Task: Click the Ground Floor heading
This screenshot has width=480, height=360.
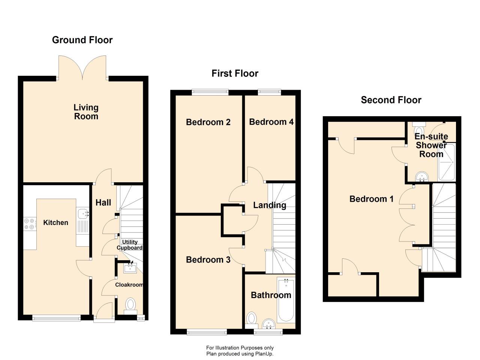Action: (x=82, y=40)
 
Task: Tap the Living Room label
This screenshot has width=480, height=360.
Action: (x=86, y=112)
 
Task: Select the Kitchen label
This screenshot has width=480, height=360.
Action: (x=56, y=222)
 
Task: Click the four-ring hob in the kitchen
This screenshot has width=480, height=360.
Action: (x=30, y=224)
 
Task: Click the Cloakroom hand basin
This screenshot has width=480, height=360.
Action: (x=130, y=268)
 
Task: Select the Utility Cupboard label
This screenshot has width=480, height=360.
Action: (x=130, y=245)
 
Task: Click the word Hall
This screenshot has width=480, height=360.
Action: (x=103, y=202)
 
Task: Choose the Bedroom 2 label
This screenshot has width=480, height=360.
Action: (x=208, y=122)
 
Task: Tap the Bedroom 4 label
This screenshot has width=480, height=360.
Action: (x=271, y=122)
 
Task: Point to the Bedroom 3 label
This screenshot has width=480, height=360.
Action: (x=208, y=259)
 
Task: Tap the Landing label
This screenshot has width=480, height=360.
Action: (x=270, y=205)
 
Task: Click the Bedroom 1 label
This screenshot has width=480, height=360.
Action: (x=372, y=199)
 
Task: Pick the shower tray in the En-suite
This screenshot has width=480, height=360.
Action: (x=446, y=162)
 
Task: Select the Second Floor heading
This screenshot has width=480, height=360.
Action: (x=391, y=100)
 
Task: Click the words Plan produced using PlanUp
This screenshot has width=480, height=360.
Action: (x=240, y=354)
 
